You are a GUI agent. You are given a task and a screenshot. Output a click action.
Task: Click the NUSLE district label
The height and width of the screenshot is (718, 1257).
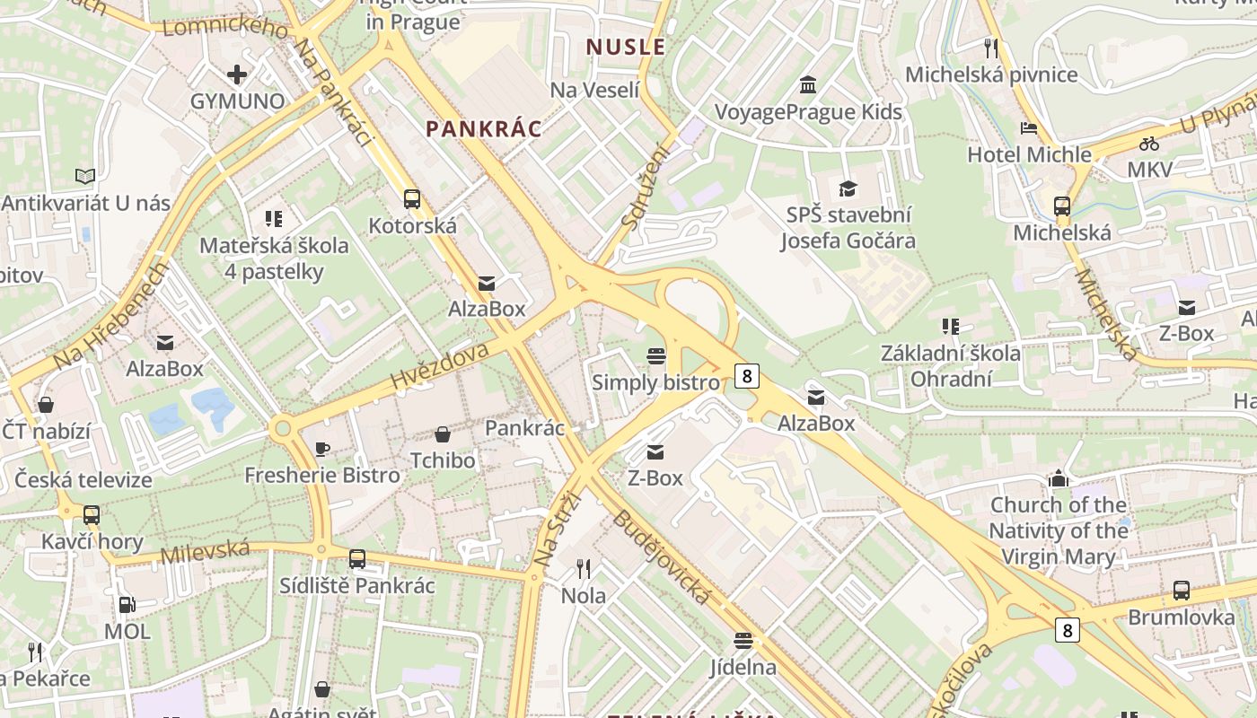[626, 48]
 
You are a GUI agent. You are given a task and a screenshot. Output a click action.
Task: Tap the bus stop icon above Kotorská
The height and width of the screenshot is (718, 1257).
[412, 199]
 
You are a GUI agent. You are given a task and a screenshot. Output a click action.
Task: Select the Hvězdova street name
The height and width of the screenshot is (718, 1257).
[440, 366]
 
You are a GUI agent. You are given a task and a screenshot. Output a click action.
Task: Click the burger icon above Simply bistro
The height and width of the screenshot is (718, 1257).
[656, 356]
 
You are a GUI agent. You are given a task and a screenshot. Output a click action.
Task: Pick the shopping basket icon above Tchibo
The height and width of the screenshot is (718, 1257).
[443, 435]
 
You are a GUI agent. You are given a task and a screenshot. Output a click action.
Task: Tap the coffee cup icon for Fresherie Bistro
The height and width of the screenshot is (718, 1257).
[322, 449]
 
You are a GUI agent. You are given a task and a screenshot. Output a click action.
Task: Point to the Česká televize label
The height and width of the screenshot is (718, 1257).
[84, 479]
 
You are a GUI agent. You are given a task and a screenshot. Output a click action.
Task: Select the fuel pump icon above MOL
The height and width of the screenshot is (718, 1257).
[127, 605]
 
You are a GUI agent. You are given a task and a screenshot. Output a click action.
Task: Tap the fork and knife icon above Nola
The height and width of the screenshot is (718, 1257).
[584, 568]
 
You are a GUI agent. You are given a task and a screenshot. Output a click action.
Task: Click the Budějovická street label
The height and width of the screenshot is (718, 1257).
[662, 557]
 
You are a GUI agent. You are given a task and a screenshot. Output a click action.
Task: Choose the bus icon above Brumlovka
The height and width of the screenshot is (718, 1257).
[1182, 591]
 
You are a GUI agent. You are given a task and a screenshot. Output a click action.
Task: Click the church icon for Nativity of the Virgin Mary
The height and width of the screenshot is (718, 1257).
[1059, 479]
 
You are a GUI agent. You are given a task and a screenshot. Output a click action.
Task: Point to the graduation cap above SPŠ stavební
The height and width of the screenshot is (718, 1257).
[848, 188]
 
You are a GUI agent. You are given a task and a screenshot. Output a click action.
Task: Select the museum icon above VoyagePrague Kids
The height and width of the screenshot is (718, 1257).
[807, 85]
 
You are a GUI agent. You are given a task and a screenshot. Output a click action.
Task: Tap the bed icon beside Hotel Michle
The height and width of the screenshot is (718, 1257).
[1029, 128]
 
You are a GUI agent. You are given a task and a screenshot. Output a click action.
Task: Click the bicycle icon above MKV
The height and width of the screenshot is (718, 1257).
[1148, 144]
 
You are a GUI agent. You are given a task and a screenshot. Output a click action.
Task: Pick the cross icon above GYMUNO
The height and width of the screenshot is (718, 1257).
[237, 74]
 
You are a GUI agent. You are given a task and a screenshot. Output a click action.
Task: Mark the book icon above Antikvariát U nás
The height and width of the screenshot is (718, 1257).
[85, 176]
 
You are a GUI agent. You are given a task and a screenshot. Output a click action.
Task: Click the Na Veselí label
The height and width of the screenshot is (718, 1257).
[594, 90]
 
